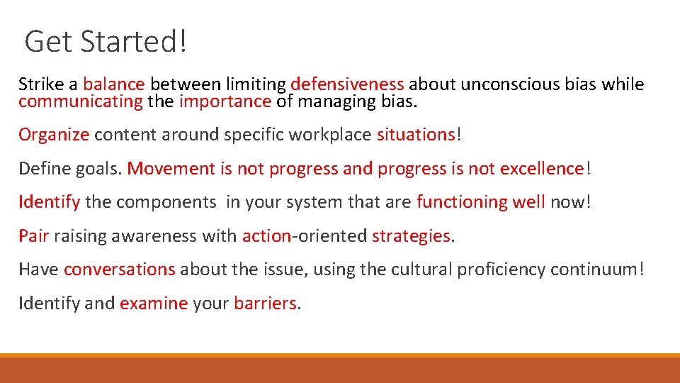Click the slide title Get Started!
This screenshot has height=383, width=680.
pos(106,41)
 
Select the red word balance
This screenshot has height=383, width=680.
pos(113,85)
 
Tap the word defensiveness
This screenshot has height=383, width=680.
pos(347,85)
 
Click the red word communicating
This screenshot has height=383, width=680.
pos(81,101)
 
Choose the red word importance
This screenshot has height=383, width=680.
pos(225,101)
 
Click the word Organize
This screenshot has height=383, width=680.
pos(54,135)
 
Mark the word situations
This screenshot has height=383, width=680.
pos(415,135)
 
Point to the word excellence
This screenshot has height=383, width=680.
pos(542,169)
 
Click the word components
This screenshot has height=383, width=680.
pos(166,202)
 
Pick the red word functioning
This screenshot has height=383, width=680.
pos(462,202)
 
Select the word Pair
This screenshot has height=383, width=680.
pos(33,235)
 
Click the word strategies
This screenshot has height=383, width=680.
pos(411,235)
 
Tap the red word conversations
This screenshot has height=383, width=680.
pos(119,270)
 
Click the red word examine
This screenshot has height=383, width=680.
pos(154,304)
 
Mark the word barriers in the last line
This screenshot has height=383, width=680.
pos(265,304)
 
